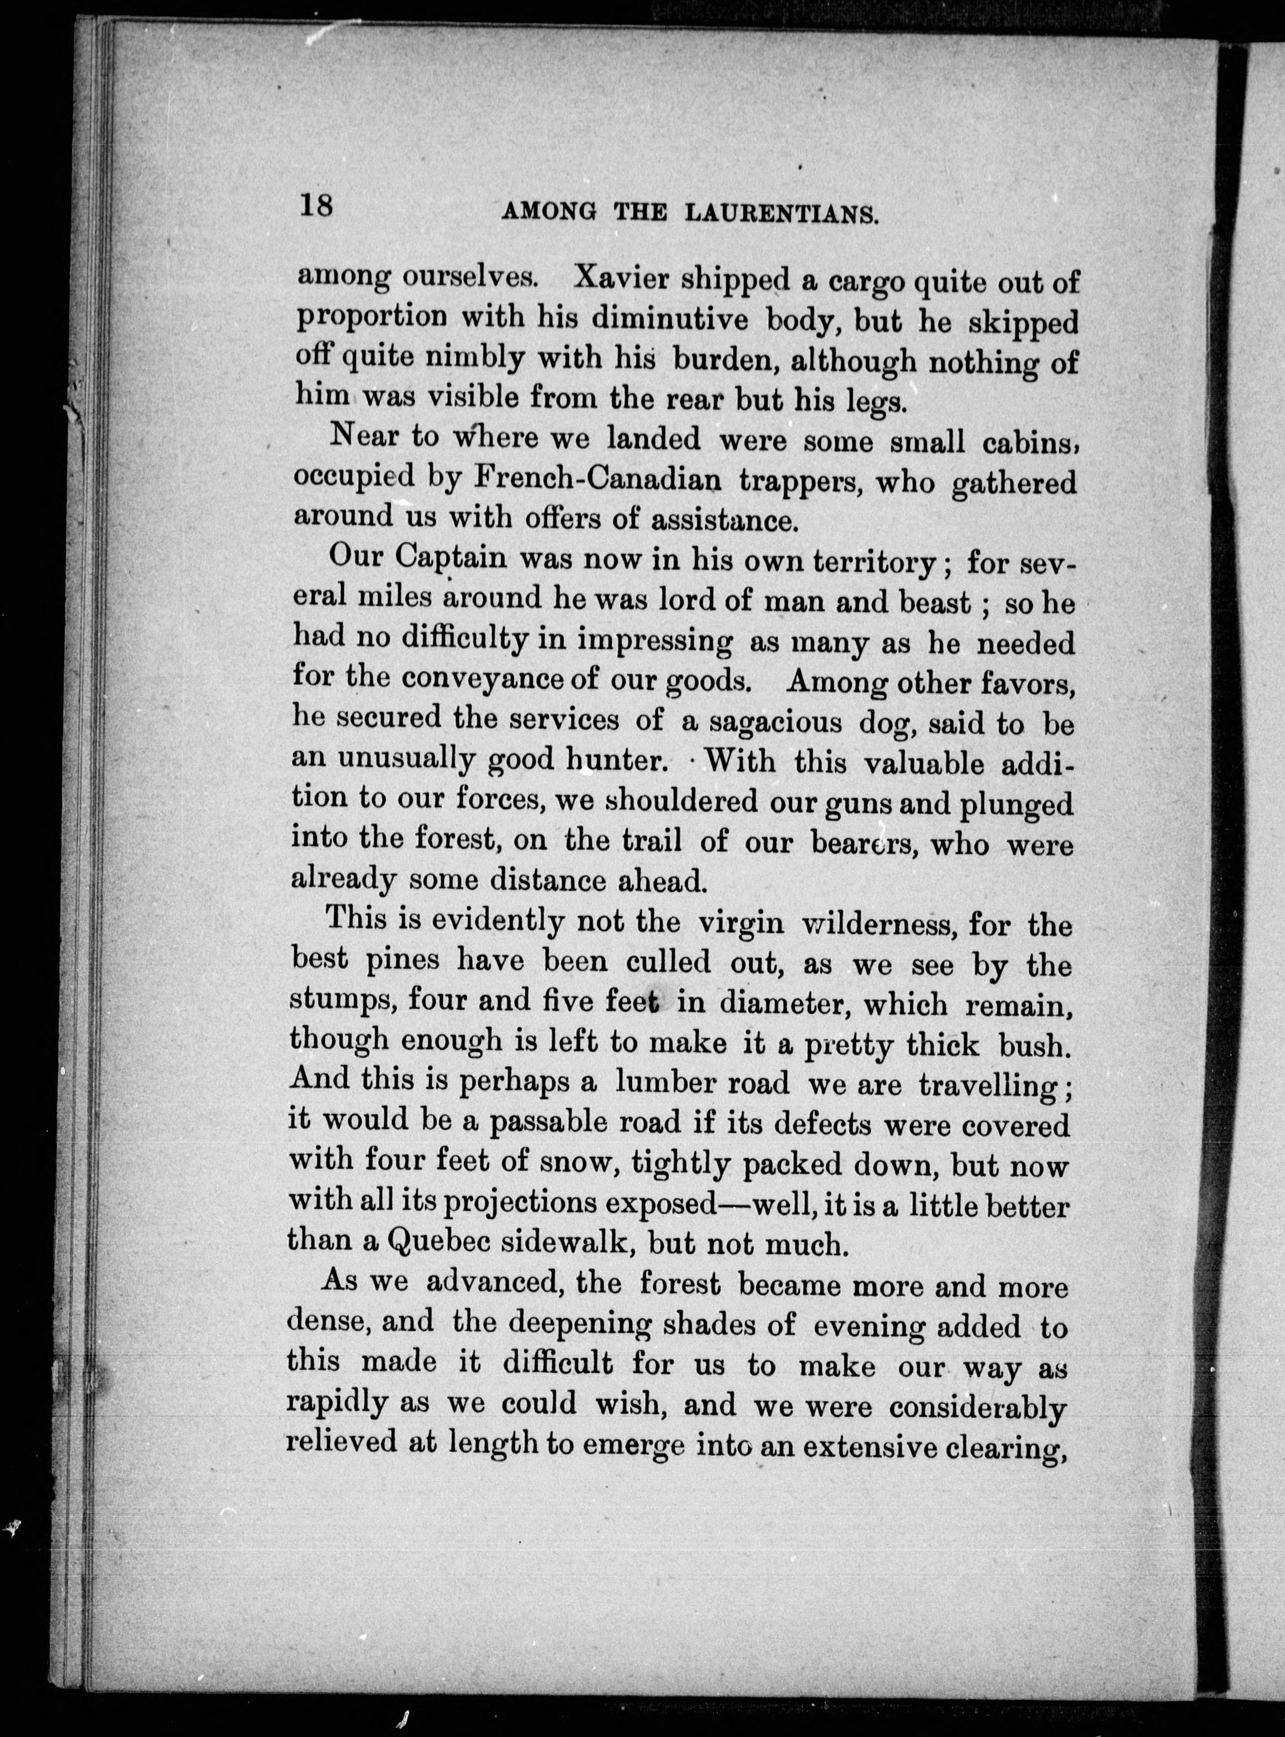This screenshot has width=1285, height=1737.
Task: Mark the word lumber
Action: click(x=662, y=1083)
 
